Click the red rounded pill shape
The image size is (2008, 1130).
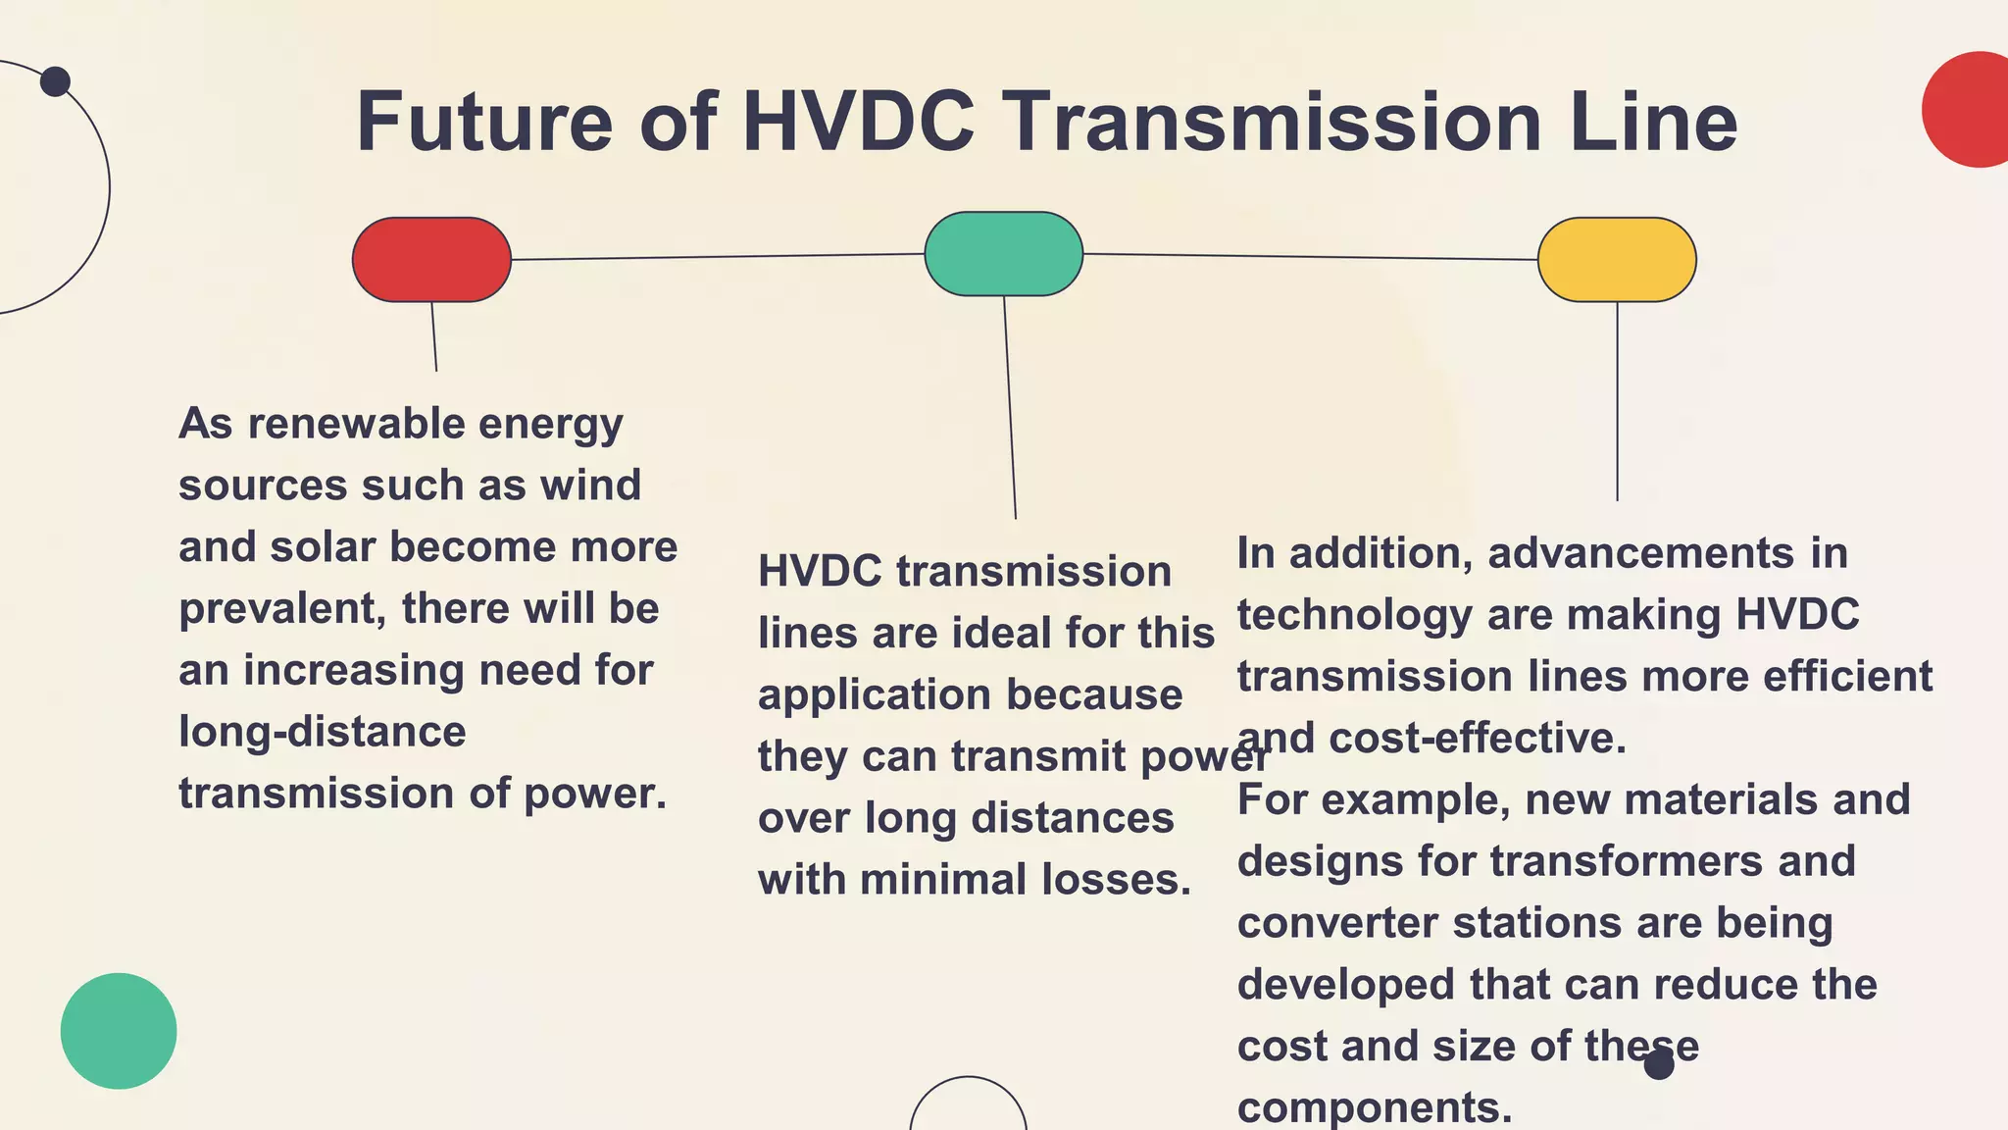point(431,260)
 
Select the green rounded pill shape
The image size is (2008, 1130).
point(1003,254)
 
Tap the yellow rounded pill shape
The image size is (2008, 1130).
point(1616,260)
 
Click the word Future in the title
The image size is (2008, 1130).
point(484,123)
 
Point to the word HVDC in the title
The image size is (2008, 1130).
point(858,123)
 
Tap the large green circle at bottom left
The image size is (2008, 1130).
point(119,1031)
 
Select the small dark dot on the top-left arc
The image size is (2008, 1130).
point(55,81)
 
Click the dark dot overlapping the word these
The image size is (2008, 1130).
point(1659,1064)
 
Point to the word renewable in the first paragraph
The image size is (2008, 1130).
point(356,424)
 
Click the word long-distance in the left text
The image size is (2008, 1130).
point(322,732)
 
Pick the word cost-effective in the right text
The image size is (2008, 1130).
point(1477,739)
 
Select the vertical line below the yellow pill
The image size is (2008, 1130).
point(1617,402)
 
